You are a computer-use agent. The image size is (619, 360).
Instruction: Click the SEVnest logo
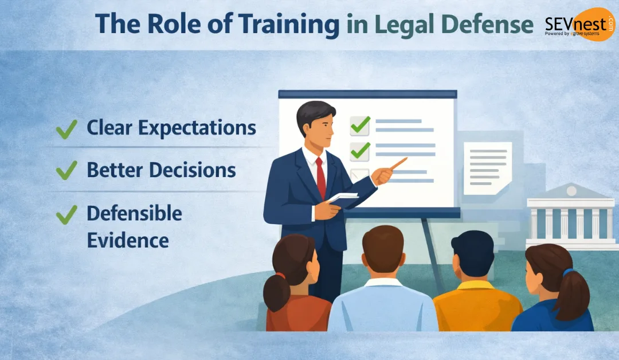[579, 25]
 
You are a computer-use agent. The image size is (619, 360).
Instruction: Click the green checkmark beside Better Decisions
[67, 170]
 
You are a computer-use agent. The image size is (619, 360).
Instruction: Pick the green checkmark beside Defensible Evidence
[67, 214]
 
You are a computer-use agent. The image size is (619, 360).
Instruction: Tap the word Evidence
[127, 240]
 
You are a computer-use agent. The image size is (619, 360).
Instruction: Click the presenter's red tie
[320, 178]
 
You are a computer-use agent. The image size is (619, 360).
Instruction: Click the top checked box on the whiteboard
[360, 124]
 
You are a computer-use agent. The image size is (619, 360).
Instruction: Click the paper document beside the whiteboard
[487, 167]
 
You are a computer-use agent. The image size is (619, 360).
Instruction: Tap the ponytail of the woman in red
[275, 292]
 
